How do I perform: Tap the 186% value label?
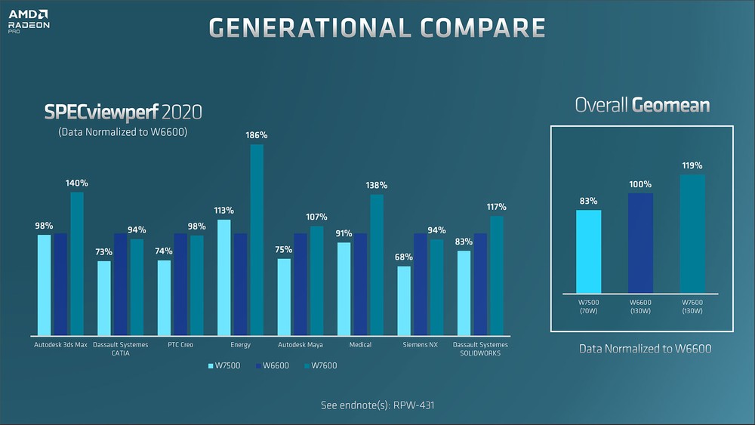256,135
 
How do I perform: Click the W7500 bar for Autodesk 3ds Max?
45,285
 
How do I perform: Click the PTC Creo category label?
181,345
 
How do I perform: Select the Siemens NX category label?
420,345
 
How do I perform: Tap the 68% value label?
405,257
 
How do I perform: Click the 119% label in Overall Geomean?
692,165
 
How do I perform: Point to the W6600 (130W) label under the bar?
640,306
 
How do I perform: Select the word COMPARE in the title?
478,27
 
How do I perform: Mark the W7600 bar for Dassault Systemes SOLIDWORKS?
497,276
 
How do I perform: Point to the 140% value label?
76,183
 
